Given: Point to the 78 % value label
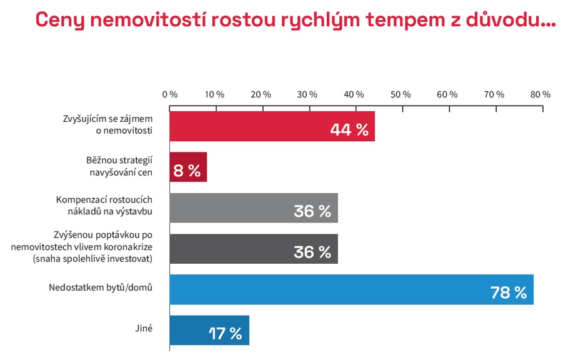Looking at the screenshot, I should tap(509, 292).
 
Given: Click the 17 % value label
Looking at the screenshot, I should tap(225, 334).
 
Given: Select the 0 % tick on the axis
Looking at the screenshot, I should tap(170, 94).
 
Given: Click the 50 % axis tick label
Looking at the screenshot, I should tap(401, 94).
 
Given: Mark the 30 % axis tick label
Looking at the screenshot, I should tap(308, 94).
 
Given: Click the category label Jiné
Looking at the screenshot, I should tap(144, 327).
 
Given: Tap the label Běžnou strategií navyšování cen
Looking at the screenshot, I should tap(119, 166).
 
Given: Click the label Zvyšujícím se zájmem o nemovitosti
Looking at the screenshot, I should tap(107, 124).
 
